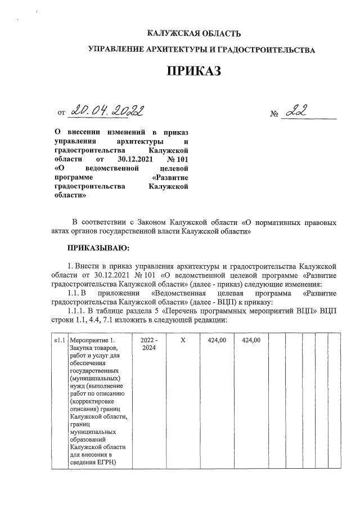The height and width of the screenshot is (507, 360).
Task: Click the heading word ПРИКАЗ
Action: [193, 71]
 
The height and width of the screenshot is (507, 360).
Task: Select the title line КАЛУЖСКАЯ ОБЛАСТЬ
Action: [193, 34]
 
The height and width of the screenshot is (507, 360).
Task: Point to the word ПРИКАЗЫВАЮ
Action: [98, 248]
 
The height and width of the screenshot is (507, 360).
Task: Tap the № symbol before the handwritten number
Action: [275, 115]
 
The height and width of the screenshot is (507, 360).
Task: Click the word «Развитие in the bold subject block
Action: [170, 177]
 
